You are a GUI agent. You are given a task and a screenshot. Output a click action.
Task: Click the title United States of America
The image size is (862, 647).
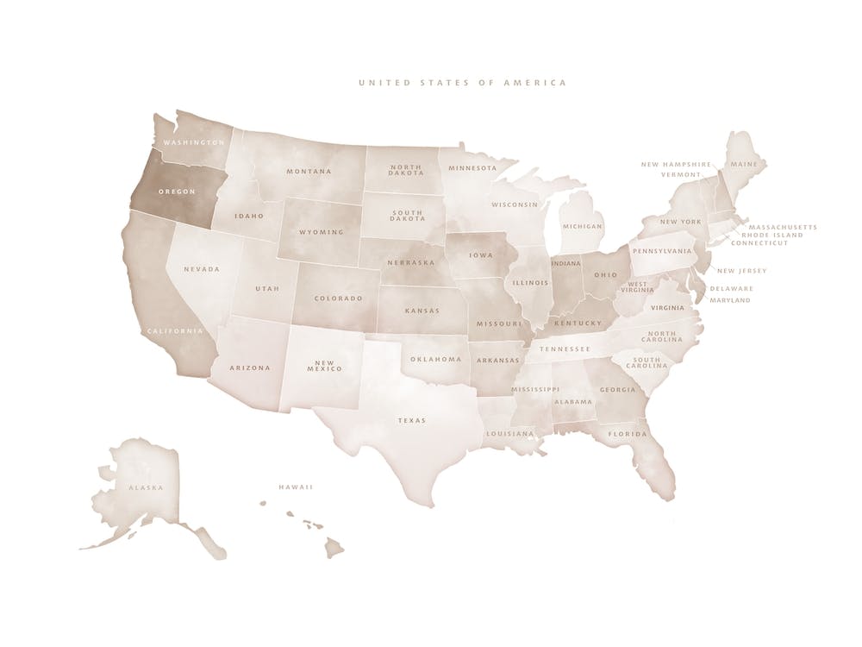(x=462, y=83)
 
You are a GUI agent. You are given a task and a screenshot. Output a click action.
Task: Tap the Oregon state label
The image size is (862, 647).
(x=176, y=191)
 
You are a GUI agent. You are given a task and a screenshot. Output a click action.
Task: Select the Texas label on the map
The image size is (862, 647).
(x=411, y=421)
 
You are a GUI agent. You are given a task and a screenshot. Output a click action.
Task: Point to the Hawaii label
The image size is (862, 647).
(x=295, y=487)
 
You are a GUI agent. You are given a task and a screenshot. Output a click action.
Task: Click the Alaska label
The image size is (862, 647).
(x=146, y=488)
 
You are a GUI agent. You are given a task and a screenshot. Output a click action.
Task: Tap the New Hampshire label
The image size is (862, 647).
(x=676, y=164)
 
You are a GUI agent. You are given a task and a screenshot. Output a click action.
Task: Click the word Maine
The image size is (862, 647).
(x=743, y=163)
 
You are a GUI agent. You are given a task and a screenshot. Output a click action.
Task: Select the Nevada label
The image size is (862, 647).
(x=202, y=269)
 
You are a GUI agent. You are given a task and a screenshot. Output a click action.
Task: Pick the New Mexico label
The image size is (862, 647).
(x=324, y=365)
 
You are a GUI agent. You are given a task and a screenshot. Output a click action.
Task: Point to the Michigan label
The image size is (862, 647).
(x=582, y=226)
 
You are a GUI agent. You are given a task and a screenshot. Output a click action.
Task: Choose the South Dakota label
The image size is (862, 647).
(x=407, y=215)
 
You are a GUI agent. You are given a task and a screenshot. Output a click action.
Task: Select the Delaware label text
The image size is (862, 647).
(x=731, y=288)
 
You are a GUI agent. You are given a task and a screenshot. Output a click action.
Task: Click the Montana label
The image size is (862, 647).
(x=309, y=171)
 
